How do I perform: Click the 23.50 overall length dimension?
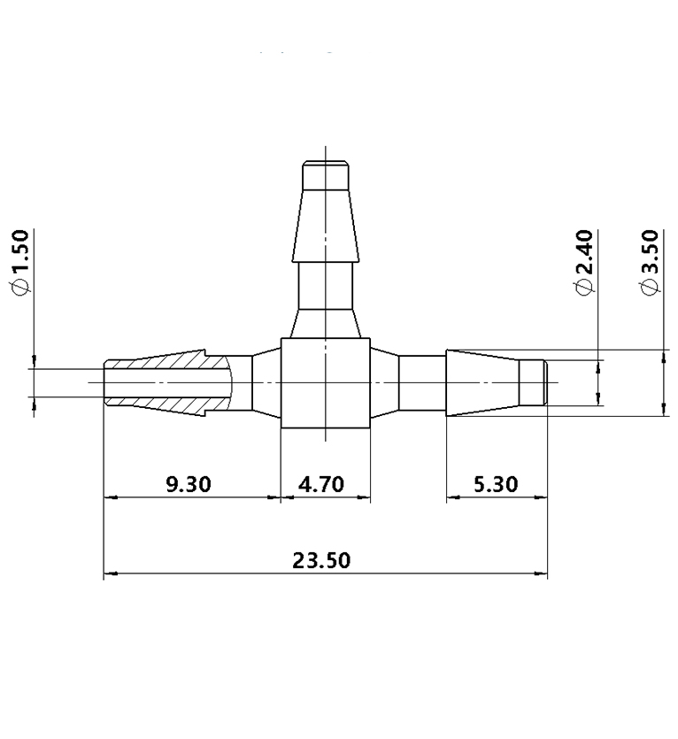[x=321, y=561]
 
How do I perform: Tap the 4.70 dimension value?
[x=324, y=484]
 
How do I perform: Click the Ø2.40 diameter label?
[x=582, y=264]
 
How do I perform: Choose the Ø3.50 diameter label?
[x=651, y=264]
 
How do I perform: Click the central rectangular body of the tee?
[x=325, y=383]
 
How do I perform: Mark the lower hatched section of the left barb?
[x=177, y=404]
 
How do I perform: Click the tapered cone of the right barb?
[x=482, y=382]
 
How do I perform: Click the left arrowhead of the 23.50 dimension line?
[x=110, y=573]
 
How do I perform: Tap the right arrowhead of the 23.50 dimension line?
[x=541, y=573]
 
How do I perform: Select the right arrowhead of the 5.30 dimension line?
[x=541, y=497]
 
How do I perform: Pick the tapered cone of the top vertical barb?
[x=326, y=225]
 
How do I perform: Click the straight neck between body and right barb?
[x=422, y=382]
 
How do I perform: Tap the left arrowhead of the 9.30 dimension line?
[x=110, y=497]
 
